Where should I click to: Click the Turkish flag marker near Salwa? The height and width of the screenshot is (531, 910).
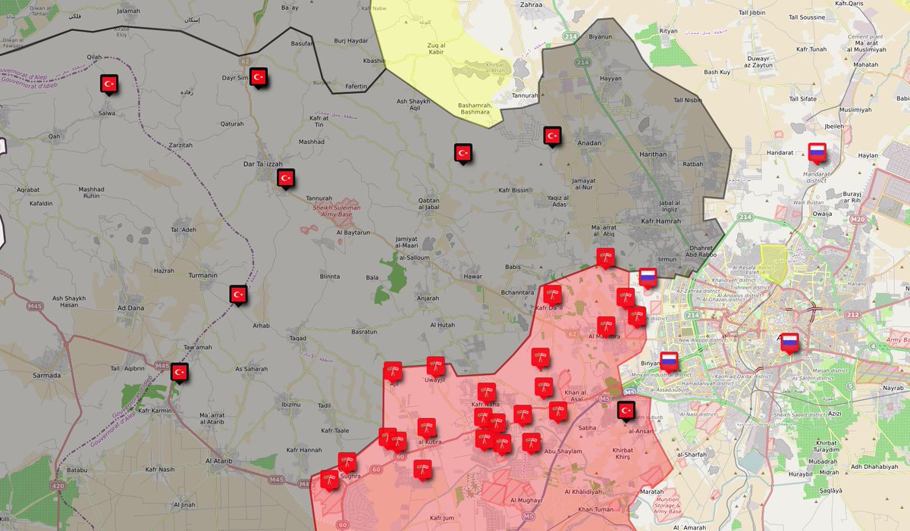point(108,83)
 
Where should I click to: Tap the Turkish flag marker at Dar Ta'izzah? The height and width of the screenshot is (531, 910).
point(286,178)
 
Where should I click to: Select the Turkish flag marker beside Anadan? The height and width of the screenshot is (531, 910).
point(552,136)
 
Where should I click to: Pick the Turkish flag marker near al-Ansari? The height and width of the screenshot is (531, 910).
point(626,410)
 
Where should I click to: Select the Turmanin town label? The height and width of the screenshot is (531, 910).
point(202,275)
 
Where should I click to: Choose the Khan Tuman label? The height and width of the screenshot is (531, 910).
point(596,510)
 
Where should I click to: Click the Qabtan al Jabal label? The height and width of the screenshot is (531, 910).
point(428,205)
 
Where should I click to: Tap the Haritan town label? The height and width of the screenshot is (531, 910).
point(653,154)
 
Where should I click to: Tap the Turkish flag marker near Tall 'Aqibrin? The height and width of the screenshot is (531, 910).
point(180,372)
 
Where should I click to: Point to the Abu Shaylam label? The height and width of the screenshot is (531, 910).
point(563,451)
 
